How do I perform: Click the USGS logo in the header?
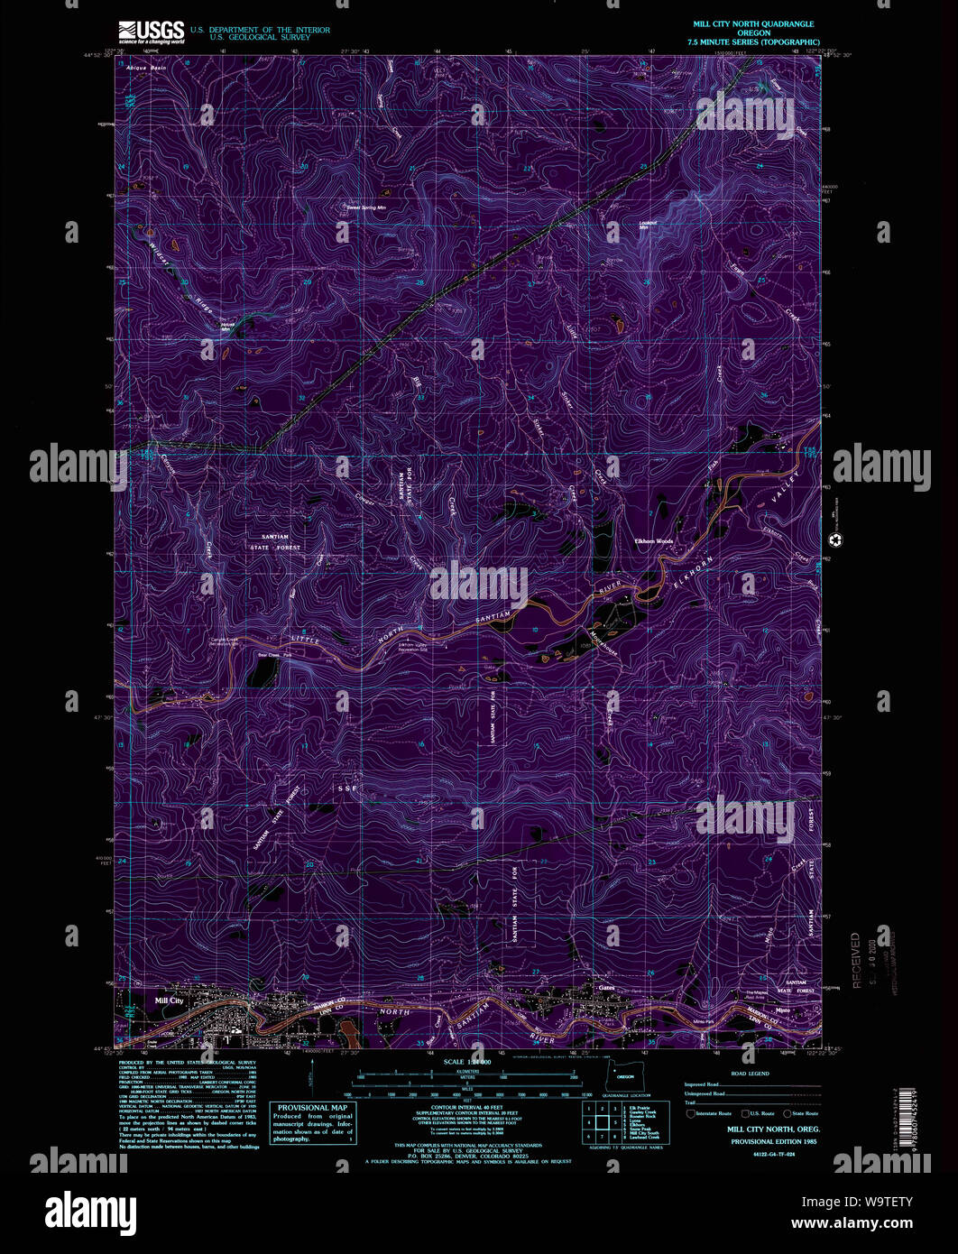pos(152,32)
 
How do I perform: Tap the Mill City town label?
pos(169,1000)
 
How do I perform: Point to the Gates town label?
pos(605,987)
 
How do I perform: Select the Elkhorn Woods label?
pos(654,541)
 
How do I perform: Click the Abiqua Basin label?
pos(148,69)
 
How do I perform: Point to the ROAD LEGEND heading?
pos(751,1074)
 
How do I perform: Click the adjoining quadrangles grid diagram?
pos(595,1123)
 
